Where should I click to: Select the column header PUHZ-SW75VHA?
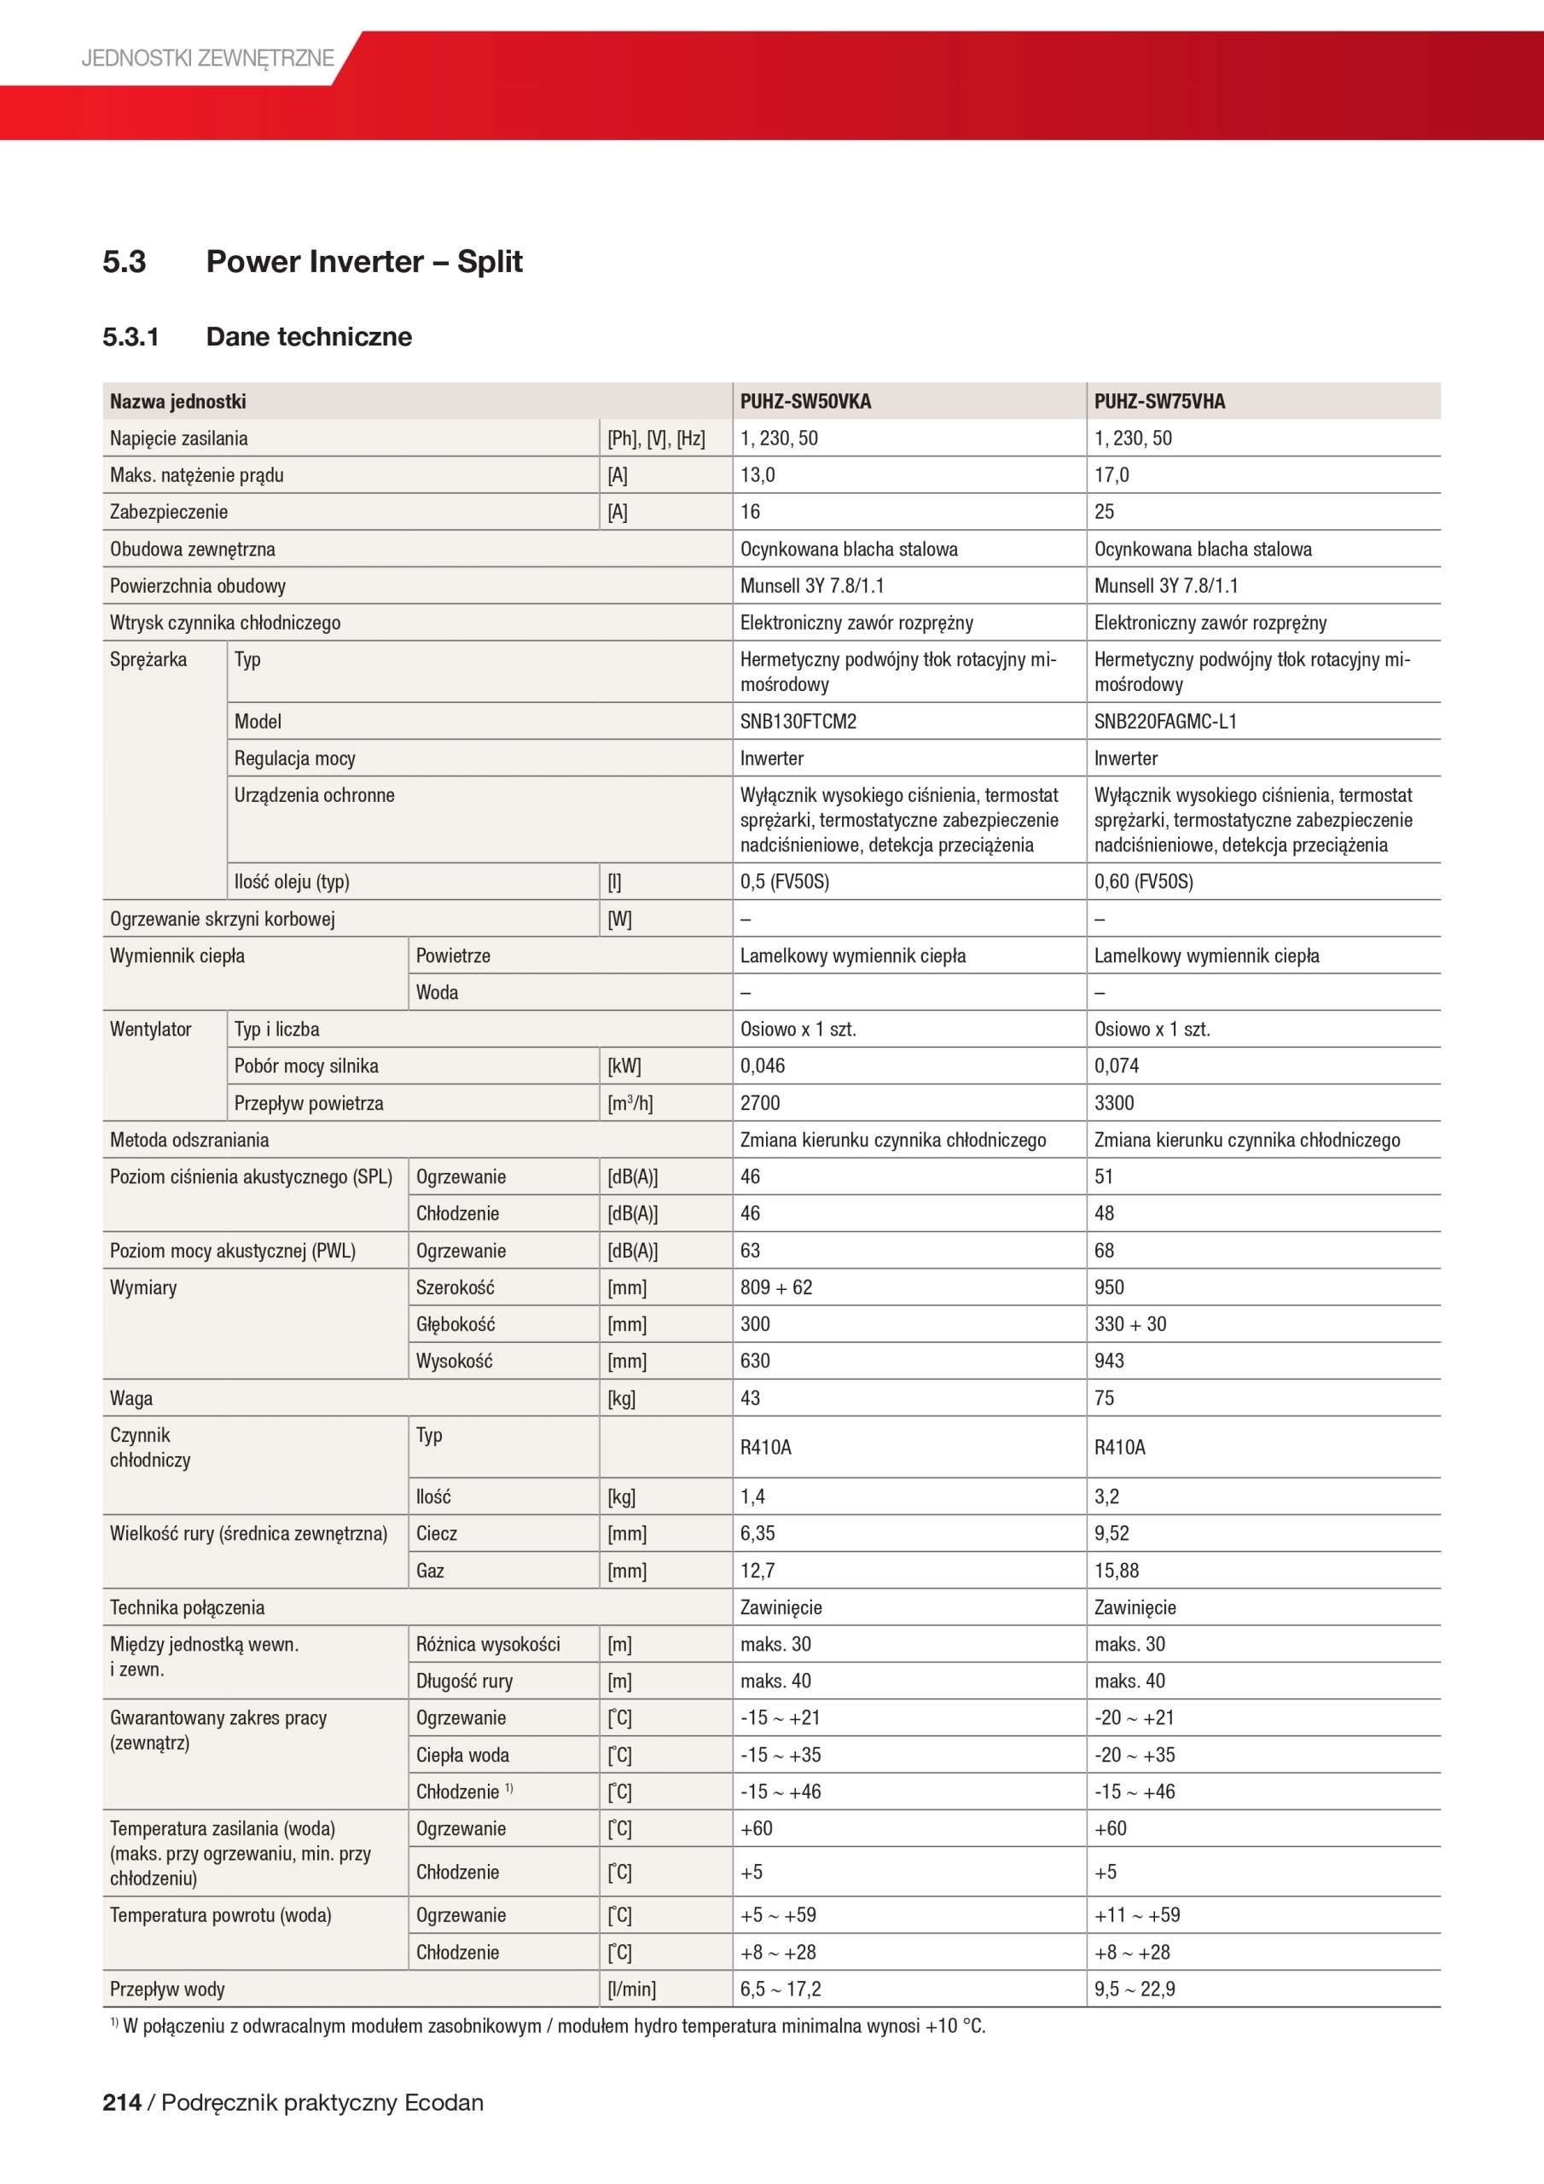(x=1158, y=402)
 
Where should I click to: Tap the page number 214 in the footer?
(x=122, y=2102)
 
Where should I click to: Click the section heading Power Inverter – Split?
(x=363, y=262)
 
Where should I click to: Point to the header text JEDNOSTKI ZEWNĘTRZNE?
(x=207, y=58)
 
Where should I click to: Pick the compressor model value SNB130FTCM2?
(x=798, y=721)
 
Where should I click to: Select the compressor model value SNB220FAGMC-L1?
(x=1164, y=721)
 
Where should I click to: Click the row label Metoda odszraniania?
(x=189, y=1140)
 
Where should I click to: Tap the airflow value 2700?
(x=760, y=1102)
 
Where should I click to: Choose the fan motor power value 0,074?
(x=1116, y=1066)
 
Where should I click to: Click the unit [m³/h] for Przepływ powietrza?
(x=630, y=1102)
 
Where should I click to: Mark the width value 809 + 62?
(x=776, y=1287)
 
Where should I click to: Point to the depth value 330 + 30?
(x=1129, y=1324)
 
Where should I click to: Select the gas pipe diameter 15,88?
(x=1116, y=1571)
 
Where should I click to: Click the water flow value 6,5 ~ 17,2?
(x=780, y=1989)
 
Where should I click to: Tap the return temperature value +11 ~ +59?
(x=1137, y=1914)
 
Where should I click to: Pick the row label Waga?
(x=131, y=1398)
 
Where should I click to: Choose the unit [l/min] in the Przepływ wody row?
(x=632, y=1989)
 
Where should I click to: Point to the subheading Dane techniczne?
(x=308, y=337)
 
